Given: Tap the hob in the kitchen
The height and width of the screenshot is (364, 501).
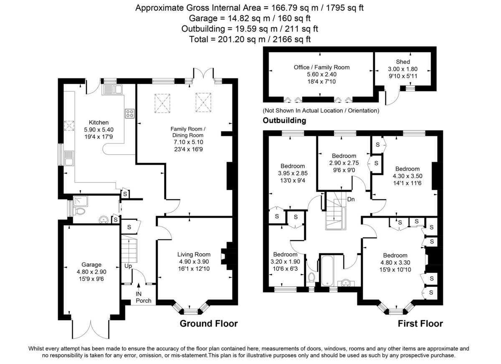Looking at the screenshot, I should (129, 113).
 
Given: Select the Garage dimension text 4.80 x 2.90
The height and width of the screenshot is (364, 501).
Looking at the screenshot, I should (91, 271).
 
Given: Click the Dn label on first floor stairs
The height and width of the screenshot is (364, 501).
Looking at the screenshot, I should (351, 199).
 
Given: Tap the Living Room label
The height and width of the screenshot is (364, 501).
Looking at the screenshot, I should (194, 254).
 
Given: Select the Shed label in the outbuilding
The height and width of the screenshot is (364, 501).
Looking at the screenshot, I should (403, 62).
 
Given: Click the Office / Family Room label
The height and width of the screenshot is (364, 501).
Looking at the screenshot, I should (321, 67).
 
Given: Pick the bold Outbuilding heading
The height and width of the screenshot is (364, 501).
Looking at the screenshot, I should (284, 120).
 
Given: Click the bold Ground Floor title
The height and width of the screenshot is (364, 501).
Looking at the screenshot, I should (208, 324).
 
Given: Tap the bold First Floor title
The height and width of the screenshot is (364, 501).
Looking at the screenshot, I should (420, 324).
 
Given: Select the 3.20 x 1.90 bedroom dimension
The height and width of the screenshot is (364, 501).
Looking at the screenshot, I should (285, 261).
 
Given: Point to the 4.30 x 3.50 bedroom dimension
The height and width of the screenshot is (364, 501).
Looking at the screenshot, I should (407, 176).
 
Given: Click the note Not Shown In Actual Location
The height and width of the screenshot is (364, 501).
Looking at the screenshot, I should (321, 111).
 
